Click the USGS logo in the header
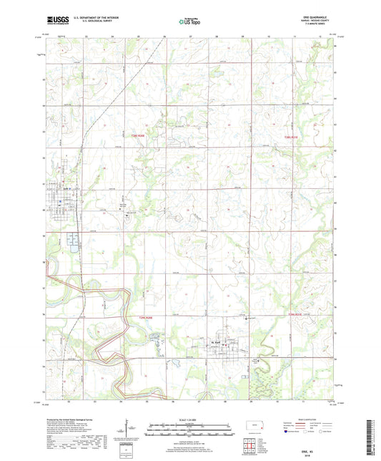pos(54,21)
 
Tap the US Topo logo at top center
pos(188,21)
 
